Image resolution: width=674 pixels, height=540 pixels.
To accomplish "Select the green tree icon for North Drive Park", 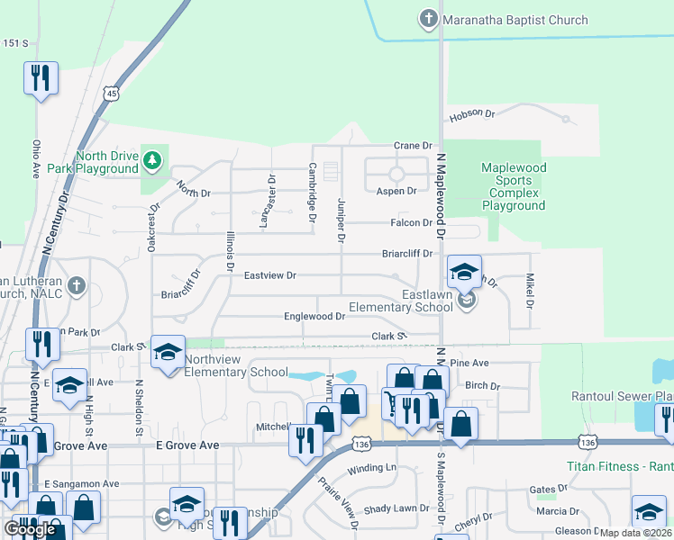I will click(153, 161).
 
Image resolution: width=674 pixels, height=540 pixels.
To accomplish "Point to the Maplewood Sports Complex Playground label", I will click(514, 186).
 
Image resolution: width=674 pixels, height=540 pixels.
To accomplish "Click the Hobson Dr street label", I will click(471, 114).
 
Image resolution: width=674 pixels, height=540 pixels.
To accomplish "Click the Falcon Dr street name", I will click(411, 223).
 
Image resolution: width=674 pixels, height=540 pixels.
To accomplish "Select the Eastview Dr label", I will click(269, 275).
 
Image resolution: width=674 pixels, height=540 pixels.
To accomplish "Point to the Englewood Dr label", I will click(314, 317).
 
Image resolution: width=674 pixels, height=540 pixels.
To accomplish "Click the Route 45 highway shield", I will click(111, 93).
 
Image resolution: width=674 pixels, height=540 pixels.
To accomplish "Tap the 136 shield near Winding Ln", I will click(362, 445).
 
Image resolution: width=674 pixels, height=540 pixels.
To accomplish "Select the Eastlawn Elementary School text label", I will click(427, 301).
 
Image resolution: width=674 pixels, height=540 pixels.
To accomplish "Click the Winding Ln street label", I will click(371, 468).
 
